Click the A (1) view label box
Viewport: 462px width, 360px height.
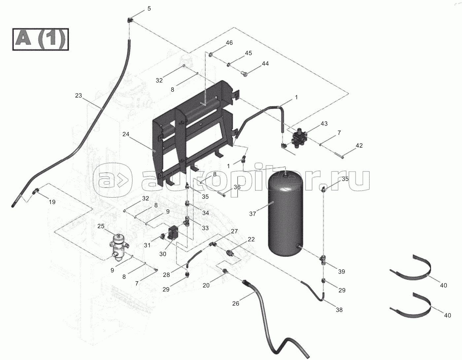[x=41, y=39]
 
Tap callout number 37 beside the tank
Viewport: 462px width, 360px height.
[x=252, y=214]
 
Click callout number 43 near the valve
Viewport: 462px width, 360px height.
[x=324, y=124]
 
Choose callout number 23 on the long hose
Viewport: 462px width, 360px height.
[x=78, y=96]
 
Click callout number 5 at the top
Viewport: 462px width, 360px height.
[x=149, y=9]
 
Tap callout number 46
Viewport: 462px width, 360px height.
[x=229, y=43]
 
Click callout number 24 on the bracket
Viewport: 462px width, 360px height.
[x=126, y=134]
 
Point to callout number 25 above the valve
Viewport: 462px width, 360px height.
[x=101, y=226]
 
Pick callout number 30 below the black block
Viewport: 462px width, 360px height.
[x=163, y=254]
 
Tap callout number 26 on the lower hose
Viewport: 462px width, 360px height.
[x=236, y=303]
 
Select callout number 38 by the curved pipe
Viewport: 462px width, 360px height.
[x=339, y=310]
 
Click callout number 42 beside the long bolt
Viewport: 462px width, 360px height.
[x=359, y=145]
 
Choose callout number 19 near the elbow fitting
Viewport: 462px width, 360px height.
[x=52, y=202]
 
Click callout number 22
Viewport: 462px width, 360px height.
[x=251, y=239]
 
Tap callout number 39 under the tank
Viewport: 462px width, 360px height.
[x=342, y=272]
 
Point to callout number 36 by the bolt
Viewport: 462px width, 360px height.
[x=237, y=187]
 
